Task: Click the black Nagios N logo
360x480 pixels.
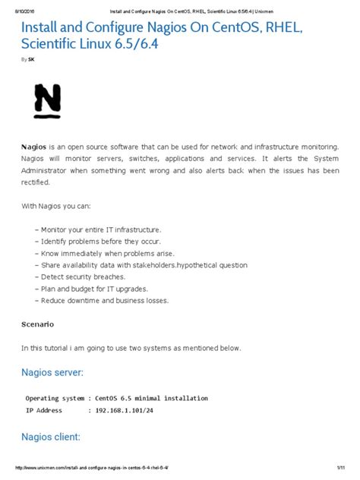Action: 47,101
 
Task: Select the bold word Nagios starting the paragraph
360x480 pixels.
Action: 35,146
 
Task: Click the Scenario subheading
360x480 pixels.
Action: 38,324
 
